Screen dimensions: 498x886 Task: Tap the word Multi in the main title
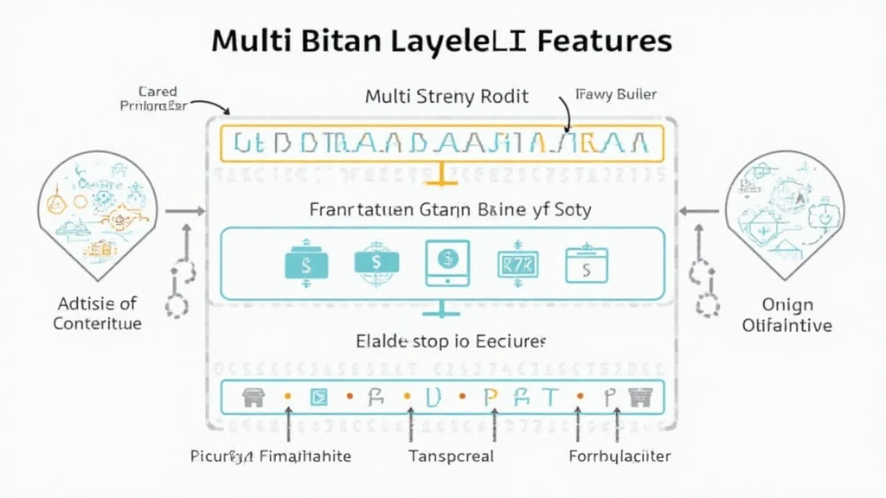click(x=250, y=40)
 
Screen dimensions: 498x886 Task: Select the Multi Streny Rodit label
click(x=446, y=96)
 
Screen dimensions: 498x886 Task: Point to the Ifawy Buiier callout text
click(x=615, y=94)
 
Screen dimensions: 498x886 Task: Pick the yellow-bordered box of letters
click(x=442, y=143)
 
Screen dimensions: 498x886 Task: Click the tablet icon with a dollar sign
click(x=447, y=263)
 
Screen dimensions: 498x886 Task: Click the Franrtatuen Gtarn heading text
click(x=450, y=209)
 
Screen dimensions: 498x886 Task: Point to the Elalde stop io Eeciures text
click(x=451, y=341)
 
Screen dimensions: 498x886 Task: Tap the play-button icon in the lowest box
click(x=319, y=397)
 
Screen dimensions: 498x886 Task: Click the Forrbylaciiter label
click(x=620, y=456)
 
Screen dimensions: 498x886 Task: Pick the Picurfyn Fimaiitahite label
click(x=270, y=456)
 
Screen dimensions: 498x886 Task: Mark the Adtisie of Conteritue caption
click(x=97, y=314)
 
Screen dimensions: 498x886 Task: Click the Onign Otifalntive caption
click(x=787, y=316)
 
